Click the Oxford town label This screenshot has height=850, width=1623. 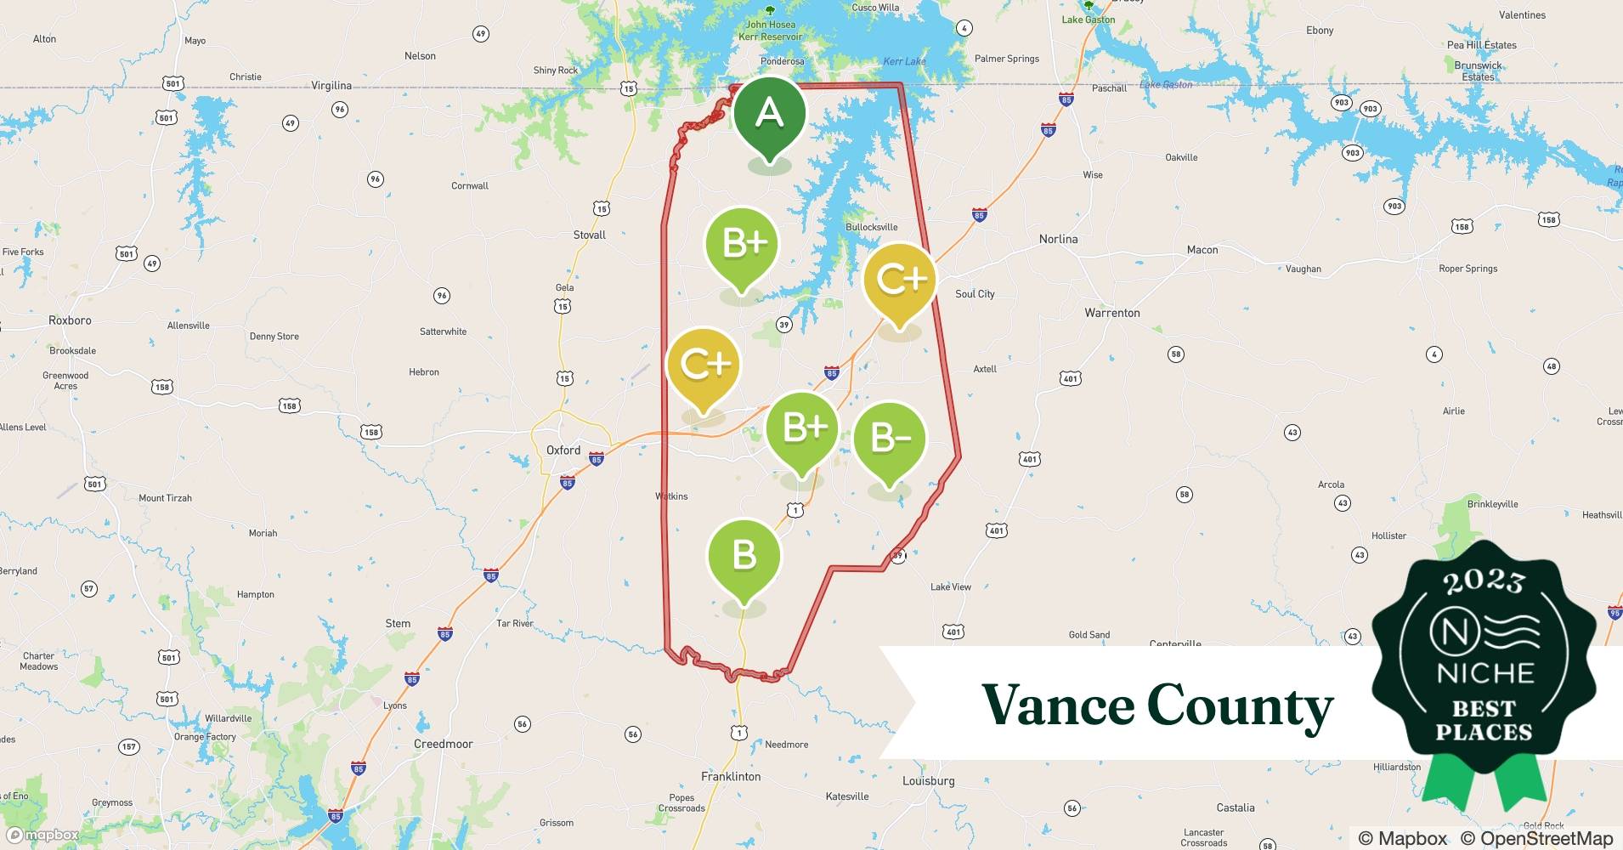pyautogui.click(x=563, y=450)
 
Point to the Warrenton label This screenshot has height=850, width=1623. pyautogui.click(x=1111, y=313)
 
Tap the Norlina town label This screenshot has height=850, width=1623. pyautogui.click(x=1058, y=239)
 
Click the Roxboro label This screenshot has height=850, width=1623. pyautogui.click(x=70, y=320)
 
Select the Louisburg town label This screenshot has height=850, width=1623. pyautogui.click(x=928, y=781)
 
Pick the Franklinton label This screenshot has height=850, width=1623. pyautogui.click(x=731, y=777)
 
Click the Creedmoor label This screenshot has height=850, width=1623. pyautogui.click(x=443, y=744)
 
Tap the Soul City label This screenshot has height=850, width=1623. pyautogui.click(x=975, y=294)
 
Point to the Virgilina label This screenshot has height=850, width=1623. pyautogui.click(x=331, y=86)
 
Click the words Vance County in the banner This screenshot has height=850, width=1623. pyautogui.click(x=1157, y=705)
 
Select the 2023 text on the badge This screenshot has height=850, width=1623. pyautogui.click(x=1484, y=581)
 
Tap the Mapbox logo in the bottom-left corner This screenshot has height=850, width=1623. pyautogui.click(x=42, y=835)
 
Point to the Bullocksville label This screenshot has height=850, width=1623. pyautogui.click(x=871, y=227)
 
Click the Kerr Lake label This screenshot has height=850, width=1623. pyautogui.click(x=904, y=61)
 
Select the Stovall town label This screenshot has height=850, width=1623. pyautogui.click(x=589, y=235)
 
